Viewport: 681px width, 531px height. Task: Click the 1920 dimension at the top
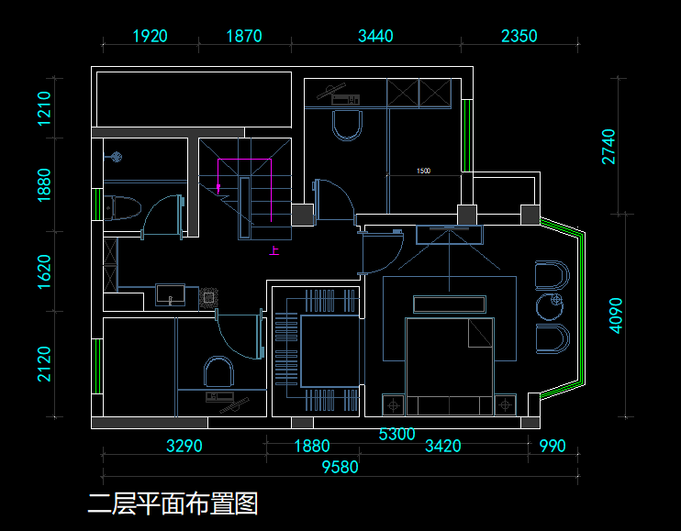151,37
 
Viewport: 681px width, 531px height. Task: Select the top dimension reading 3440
375,37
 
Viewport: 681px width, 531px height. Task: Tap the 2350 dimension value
519,37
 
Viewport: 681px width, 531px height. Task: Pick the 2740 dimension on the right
609,147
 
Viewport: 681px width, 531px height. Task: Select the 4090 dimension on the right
616,315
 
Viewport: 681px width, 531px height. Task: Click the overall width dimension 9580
340,467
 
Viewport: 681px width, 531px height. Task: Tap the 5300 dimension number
397,434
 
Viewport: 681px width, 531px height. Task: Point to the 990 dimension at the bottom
553,447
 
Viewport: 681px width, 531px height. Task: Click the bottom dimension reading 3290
184,447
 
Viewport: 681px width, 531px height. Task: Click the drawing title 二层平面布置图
173,503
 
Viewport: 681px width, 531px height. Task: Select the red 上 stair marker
274,249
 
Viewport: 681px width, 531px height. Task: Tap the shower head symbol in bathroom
116,157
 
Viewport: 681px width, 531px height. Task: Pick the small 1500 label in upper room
423,171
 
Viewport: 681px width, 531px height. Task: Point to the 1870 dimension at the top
243,37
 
